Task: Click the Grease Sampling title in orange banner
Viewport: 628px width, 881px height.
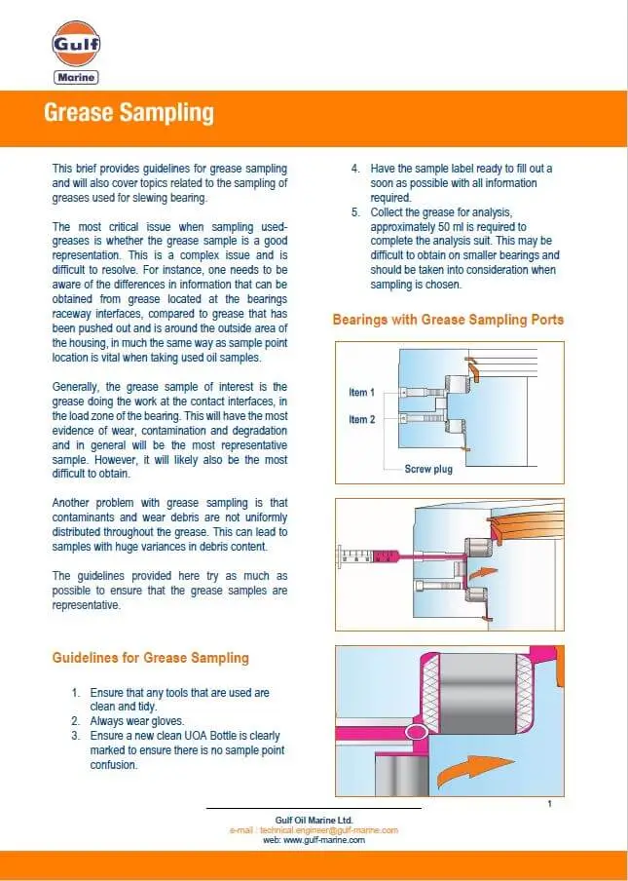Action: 128,113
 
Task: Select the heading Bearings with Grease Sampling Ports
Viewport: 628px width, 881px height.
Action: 448,320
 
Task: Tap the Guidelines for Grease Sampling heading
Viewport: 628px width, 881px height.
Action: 150,658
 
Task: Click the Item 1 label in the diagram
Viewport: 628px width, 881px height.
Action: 361,392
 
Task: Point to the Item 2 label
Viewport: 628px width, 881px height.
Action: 361,419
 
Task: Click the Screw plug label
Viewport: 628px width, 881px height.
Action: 428,470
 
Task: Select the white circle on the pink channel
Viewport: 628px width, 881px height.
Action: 416,731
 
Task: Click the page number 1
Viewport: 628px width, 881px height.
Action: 550,804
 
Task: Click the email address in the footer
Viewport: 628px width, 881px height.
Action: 314,830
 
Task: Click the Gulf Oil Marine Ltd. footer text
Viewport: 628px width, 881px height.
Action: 314,821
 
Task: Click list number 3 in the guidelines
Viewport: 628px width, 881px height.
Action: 75,736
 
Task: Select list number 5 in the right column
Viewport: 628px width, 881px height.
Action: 355,211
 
